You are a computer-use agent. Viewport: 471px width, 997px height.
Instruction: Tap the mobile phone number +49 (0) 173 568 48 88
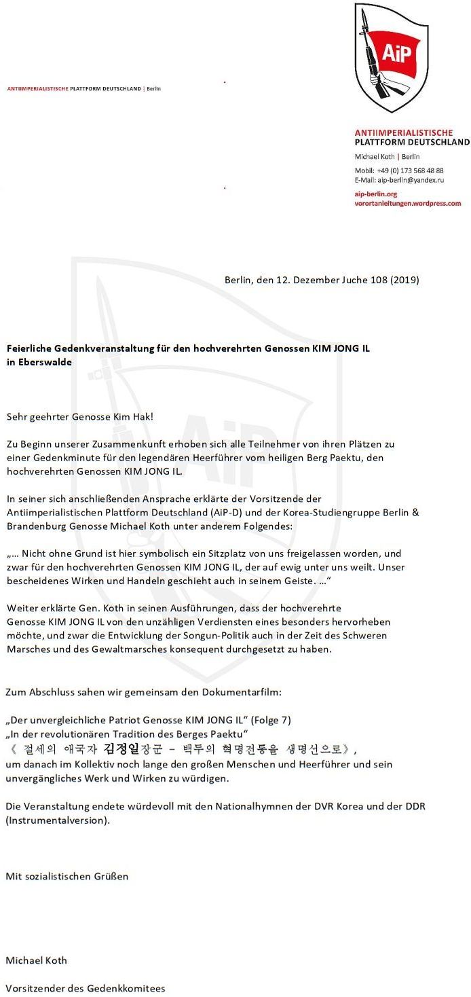(x=411, y=170)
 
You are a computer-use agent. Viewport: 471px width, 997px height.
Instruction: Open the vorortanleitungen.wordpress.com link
(x=407, y=203)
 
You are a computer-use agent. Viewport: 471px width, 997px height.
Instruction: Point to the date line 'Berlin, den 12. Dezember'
(x=286, y=280)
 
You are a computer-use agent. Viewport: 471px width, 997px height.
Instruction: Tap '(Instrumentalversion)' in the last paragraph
(x=58, y=820)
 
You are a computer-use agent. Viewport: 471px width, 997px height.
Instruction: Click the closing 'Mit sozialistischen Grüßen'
(x=67, y=876)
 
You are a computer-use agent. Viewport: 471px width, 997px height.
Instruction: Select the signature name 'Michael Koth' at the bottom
(x=36, y=960)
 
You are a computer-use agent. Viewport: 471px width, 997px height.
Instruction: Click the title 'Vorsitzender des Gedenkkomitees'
(x=85, y=988)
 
